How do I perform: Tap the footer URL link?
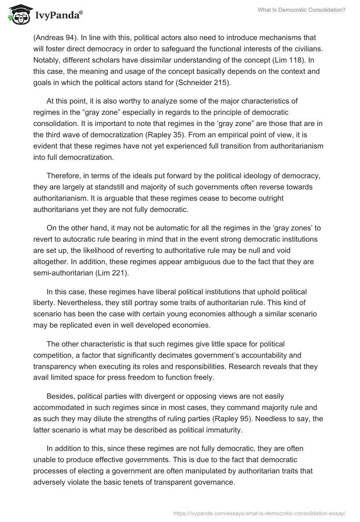click(258, 512)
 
